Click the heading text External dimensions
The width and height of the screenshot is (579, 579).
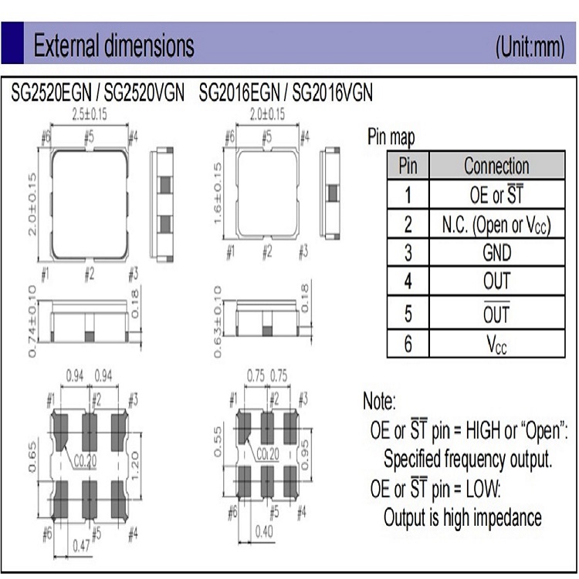[114, 45]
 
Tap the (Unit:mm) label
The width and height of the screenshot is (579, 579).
[530, 46]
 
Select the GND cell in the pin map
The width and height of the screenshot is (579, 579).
[497, 253]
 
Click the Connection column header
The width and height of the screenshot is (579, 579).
[497, 166]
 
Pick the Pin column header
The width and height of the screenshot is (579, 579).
[408, 166]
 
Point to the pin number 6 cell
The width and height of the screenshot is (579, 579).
[408, 344]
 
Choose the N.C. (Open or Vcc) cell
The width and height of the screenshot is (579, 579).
[497, 224]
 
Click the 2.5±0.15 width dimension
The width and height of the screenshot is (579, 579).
[89, 114]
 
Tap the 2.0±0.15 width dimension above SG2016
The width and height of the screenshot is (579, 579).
[267, 114]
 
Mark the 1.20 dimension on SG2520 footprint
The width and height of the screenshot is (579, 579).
[135, 466]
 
